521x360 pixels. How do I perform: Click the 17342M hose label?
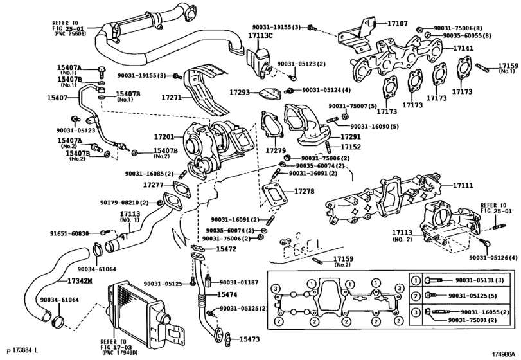80,280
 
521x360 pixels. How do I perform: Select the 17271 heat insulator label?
172,98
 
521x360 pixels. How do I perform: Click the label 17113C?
260,35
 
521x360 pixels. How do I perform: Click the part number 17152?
350,147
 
